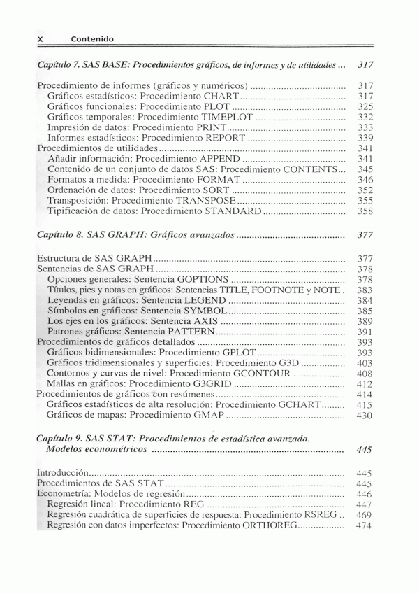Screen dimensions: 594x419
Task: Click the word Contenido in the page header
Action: (x=92, y=39)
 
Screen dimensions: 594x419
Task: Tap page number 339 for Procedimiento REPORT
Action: (x=365, y=138)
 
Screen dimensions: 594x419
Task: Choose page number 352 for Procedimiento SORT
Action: (x=365, y=190)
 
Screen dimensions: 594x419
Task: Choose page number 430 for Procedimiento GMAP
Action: (x=365, y=415)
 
